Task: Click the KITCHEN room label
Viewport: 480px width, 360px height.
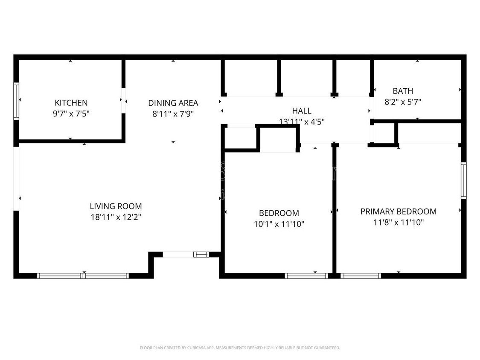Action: click(71, 103)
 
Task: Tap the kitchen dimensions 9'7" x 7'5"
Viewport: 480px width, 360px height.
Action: click(71, 114)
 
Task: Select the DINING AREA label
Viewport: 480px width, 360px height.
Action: click(173, 103)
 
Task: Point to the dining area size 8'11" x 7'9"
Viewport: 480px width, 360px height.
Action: click(173, 114)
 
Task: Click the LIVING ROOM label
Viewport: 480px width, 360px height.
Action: click(116, 206)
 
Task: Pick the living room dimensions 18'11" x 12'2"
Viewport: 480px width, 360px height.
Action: click(116, 217)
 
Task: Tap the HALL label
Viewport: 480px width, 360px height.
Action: click(302, 111)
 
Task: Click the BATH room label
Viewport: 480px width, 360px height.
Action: click(403, 91)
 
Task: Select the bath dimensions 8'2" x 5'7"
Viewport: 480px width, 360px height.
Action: click(403, 102)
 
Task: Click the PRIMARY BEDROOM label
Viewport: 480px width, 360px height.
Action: click(398, 212)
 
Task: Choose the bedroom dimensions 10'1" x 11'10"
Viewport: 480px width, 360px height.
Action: click(279, 224)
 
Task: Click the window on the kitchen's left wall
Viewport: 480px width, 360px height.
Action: click(16, 101)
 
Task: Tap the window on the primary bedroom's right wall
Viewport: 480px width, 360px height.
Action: click(463, 180)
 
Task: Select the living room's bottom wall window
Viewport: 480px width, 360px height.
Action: click(83, 276)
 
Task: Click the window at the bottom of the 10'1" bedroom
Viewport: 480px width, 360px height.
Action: click(306, 276)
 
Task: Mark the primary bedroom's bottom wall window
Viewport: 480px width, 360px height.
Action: click(361, 276)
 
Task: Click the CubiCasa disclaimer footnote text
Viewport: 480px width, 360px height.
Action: click(240, 348)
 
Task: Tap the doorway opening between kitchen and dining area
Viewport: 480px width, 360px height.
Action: click(123, 101)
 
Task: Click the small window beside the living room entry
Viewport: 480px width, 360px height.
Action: click(201, 255)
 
